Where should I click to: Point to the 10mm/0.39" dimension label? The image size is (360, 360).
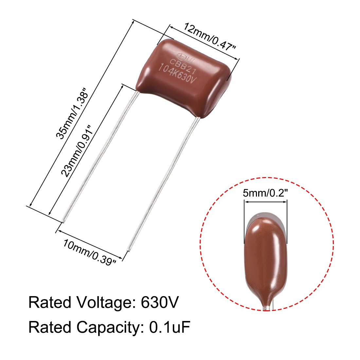pyautogui.click(x=90, y=252)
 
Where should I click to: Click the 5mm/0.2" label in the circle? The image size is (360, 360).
pyautogui.click(x=265, y=193)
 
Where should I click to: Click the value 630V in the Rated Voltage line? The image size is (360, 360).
pyautogui.click(x=160, y=302)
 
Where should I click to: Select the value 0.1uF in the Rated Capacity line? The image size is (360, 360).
pyautogui.click(x=170, y=327)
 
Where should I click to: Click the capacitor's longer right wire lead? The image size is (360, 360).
pyautogui.click(x=164, y=183)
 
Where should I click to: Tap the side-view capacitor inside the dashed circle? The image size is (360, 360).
pyautogui.click(x=265, y=259)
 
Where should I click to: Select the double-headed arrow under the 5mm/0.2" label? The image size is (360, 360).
pyautogui.click(x=265, y=202)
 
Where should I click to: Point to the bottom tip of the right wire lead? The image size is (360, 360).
pyautogui.click(x=128, y=250)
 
